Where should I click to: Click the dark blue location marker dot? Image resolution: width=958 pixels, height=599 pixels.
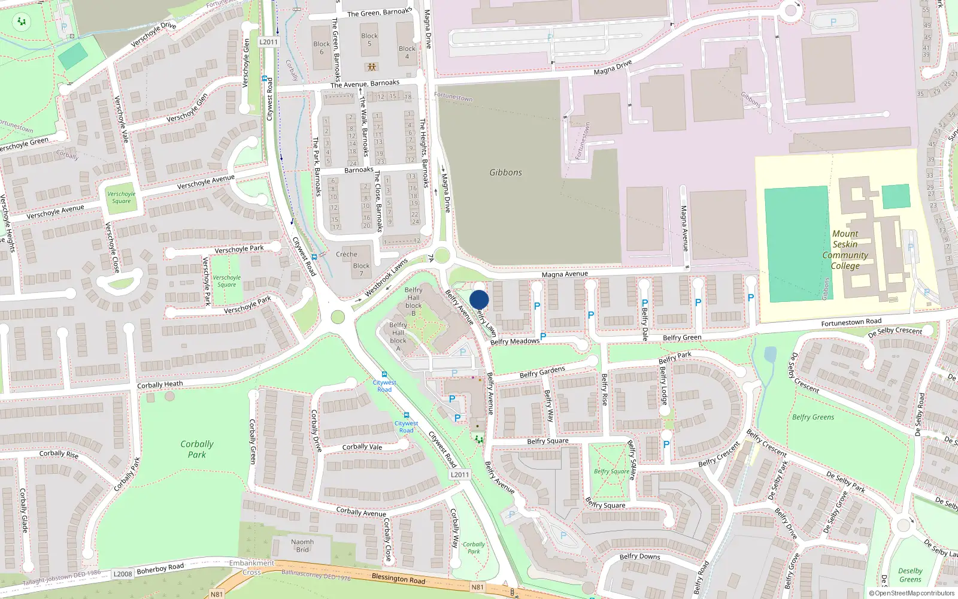click(x=479, y=299)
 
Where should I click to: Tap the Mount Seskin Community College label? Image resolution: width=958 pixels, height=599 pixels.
click(x=845, y=250)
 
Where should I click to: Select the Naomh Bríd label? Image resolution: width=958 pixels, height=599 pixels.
click(x=302, y=546)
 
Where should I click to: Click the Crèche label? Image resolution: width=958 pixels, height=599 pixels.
click(x=346, y=254)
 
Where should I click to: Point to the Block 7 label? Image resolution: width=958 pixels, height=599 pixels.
click(x=361, y=270)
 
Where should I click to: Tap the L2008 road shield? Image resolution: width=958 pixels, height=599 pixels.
click(x=123, y=574)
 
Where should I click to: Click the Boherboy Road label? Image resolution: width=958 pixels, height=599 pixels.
click(x=160, y=568)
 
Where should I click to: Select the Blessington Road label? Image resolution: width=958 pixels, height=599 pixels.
click(x=398, y=579)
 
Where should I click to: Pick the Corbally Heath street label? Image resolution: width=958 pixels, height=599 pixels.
click(x=160, y=385)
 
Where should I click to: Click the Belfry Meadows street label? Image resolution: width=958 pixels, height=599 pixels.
click(x=514, y=341)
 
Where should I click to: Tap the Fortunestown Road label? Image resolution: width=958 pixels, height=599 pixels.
click(x=851, y=323)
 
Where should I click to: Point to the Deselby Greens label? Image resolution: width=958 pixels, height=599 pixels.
click(x=910, y=575)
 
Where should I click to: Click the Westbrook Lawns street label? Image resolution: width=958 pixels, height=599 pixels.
click(x=386, y=277)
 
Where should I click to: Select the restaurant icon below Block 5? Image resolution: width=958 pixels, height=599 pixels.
click(x=372, y=66)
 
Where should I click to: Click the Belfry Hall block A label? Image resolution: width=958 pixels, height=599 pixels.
click(x=398, y=337)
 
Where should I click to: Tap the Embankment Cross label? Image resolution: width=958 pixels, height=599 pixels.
click(x=251, y=567)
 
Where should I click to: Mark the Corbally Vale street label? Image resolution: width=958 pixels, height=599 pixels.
click(x=362, y=447)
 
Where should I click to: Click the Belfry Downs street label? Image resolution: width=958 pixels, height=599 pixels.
click(x=639, y=556)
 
